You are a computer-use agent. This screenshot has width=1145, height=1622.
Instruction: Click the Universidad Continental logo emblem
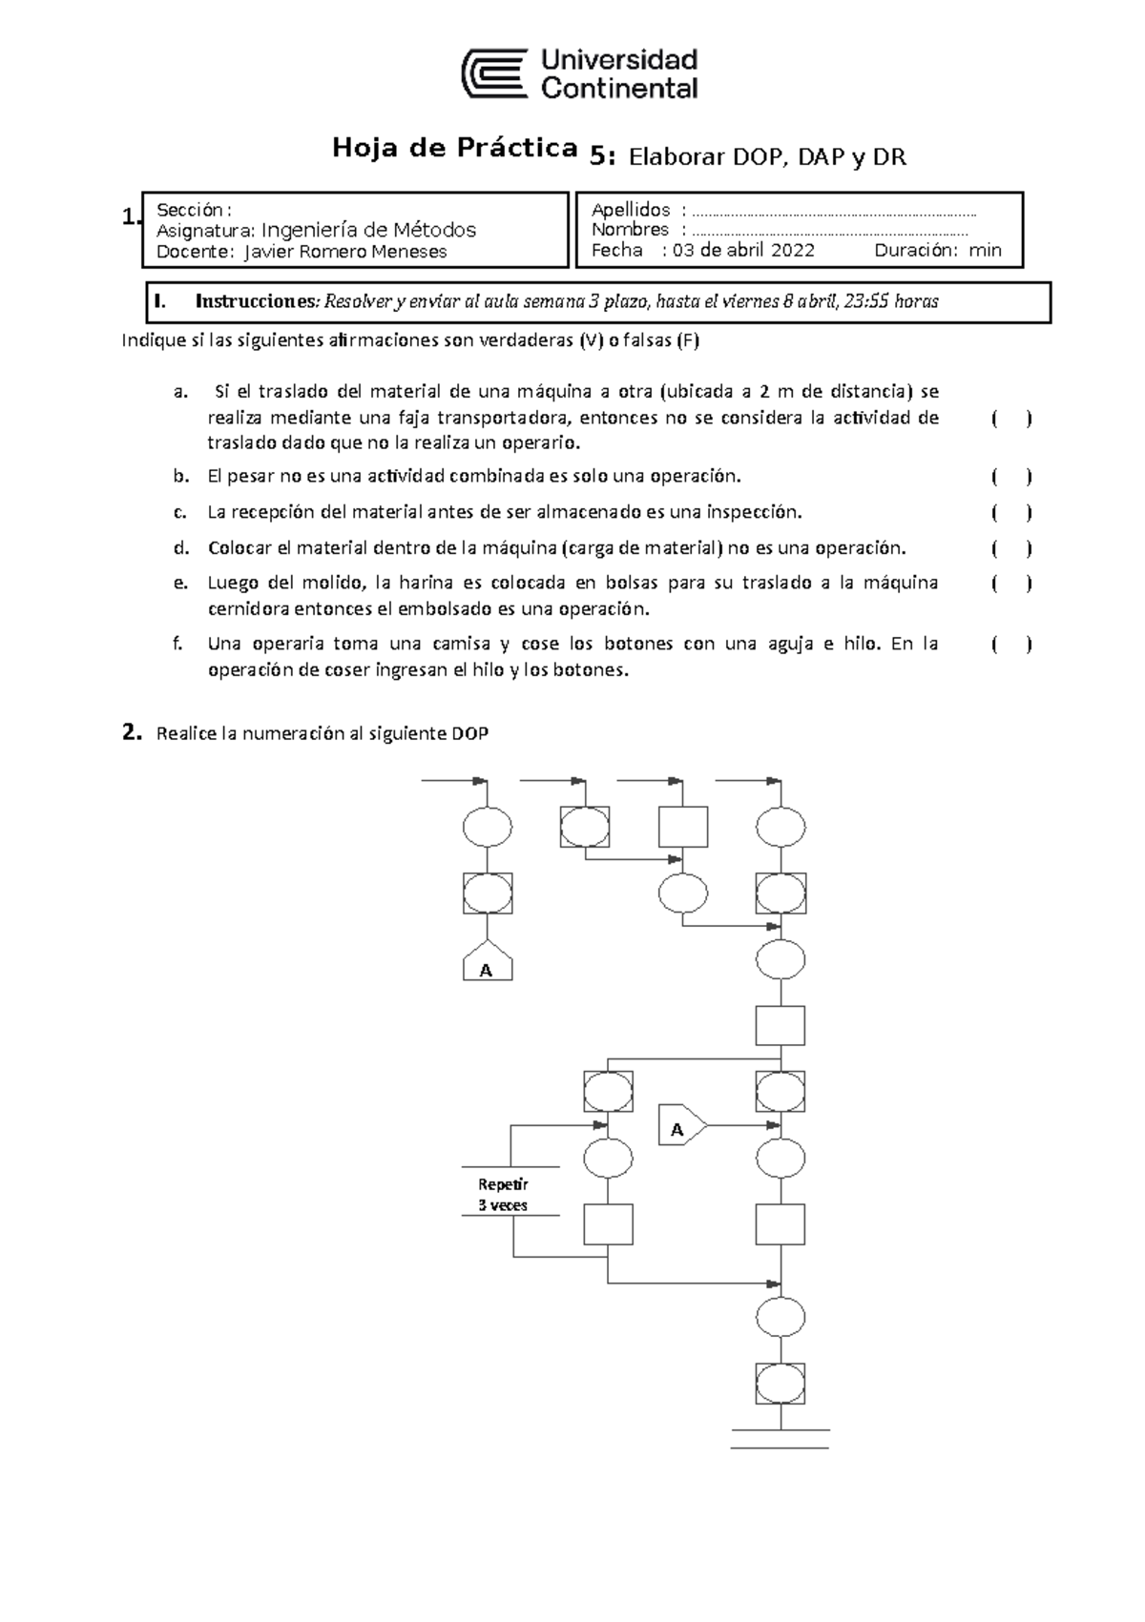pyautogui.click(x=494, y=74)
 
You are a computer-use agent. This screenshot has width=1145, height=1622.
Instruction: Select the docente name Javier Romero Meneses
pyautogui.click(x=345, y=252)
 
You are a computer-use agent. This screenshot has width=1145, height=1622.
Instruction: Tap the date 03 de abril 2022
pyautogui.click(x=743, y=251)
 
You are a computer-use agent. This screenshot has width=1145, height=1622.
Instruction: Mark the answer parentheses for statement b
pyautogui.click(x=1011, y=477)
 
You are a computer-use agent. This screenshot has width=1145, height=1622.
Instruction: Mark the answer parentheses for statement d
pyautogui.click(x=1011, y=548)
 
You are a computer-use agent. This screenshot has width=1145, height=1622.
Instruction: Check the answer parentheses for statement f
pyautogui.click(x=1011, y=646)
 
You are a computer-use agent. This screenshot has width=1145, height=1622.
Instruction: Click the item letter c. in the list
pyautogui.click(x=180, y=512)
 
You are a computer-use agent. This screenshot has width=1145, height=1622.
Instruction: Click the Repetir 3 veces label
pyautogui.click(x=503, y=1195)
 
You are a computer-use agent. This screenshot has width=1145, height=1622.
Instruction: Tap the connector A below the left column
pyautogui.click(x=487, y=969)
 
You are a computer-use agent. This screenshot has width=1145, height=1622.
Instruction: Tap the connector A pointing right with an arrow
pyautogui.click(x=680, y=1128)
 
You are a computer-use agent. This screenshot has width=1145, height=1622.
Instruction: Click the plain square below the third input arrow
pyautogui.click(x=683, y=827)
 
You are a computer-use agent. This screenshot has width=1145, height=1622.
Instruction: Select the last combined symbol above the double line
pyautogui.click(x=781, y=1382)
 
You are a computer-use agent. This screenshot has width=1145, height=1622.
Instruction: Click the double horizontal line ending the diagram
pyautogui.click(x=781, y=1439)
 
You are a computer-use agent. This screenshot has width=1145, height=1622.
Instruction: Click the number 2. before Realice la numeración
pyautogui.click(x=132, y=732)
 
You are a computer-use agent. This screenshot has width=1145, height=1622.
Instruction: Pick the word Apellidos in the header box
pyautogui.click(x=631, y=210)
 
